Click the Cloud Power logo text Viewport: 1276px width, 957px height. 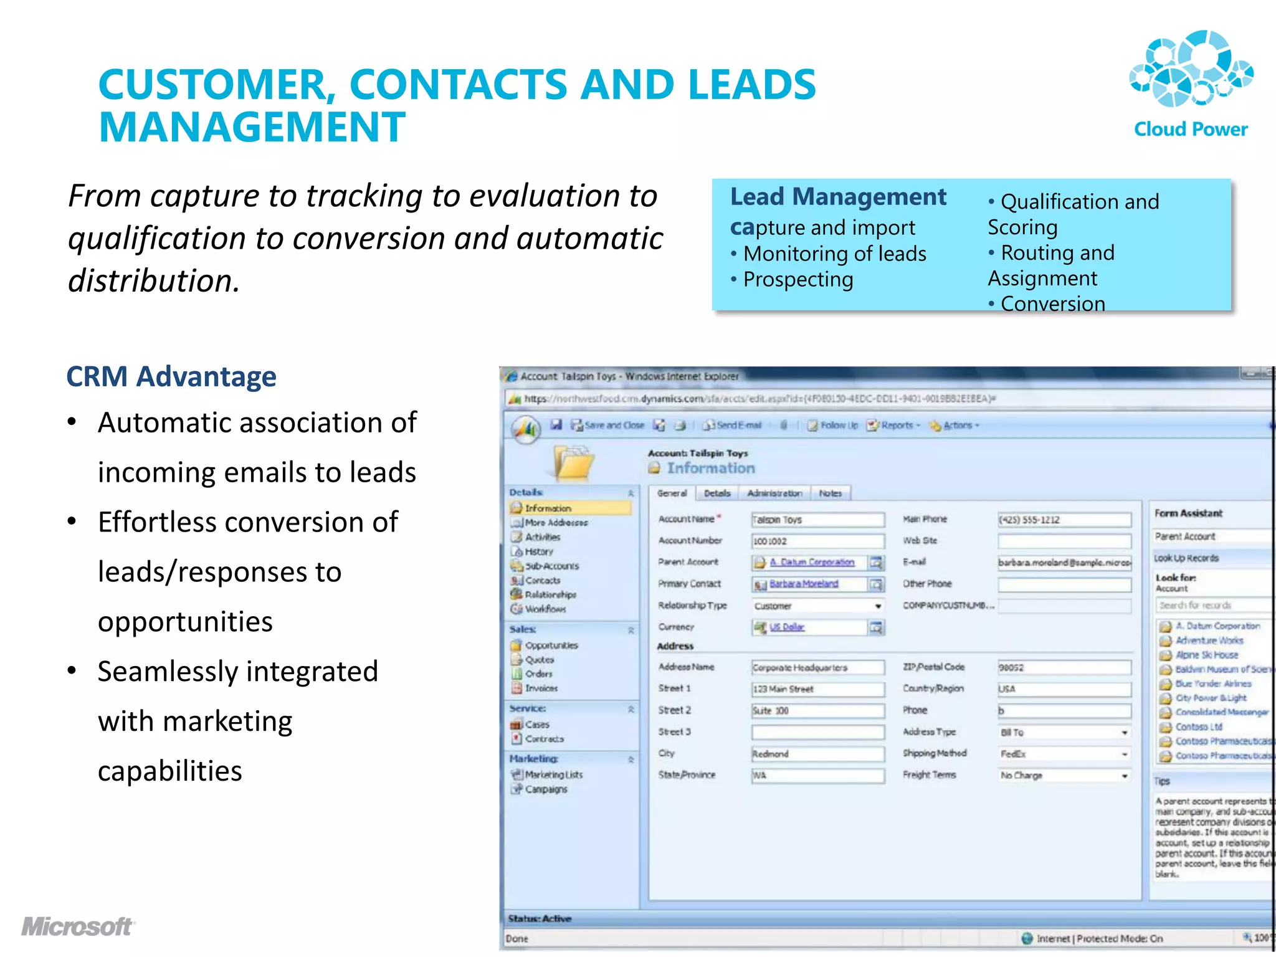click(1190, 129)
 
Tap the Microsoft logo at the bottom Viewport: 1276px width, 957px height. click(78, 926)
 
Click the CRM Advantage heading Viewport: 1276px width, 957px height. click(171, 376)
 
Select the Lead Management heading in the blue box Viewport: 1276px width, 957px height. click(838, 197)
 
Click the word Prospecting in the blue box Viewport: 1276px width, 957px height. click(798, 280)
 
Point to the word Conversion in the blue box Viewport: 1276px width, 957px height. click(1052, 303)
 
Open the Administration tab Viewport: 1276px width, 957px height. click(774, 493)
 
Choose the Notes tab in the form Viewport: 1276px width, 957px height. click(830, 493)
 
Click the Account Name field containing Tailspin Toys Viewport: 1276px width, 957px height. click(817, 520)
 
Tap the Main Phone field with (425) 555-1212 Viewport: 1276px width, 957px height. click(1064, 520)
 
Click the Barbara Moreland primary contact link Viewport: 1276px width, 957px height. click(804, 584)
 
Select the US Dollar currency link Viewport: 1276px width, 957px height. click(787, 627)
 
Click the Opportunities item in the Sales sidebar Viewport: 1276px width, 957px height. click(551, 645)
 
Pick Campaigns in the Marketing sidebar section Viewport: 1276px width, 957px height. click(546, 789)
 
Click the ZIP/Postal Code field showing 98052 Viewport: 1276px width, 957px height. click(1064, 667)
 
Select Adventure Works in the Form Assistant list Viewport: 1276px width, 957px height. click(1209, 640)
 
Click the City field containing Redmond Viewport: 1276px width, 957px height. click(817, 754)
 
